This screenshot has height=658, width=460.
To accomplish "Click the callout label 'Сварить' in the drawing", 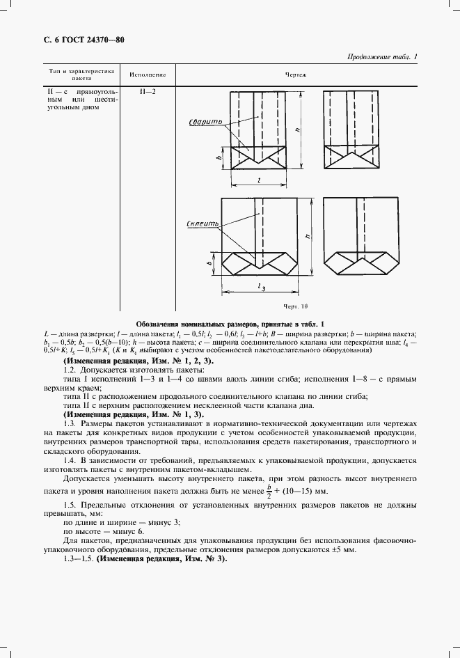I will coord(204,123).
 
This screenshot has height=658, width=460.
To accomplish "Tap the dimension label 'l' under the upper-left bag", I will coord(258,180).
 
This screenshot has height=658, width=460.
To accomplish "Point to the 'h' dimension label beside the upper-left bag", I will coord(298,130).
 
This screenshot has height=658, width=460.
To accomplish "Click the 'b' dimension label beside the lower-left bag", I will coord(209,263).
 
